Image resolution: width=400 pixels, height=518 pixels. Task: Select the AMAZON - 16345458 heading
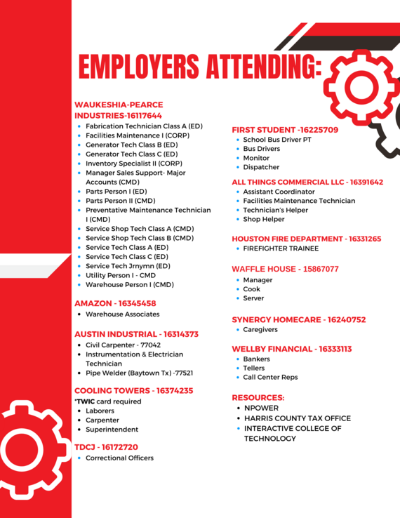tap(115, 303)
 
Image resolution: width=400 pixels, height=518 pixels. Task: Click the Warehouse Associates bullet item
tap(122, 314)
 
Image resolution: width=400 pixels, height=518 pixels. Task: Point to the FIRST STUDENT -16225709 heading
tap(285, 130)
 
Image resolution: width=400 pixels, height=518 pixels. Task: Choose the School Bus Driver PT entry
tap(277, 140)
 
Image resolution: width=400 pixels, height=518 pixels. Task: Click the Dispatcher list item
tap(261, 167)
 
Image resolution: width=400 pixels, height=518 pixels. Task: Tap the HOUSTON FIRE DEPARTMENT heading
tap(307, 239)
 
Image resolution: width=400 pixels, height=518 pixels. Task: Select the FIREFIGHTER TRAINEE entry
tap(281, 248)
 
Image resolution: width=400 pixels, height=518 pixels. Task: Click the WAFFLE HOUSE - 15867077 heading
tap(285, 269)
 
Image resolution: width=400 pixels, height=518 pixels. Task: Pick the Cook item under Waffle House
tap(252, 289)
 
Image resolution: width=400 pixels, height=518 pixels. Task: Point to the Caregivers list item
tap(260, 329)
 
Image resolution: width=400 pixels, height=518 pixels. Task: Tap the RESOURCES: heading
tap(258, 397)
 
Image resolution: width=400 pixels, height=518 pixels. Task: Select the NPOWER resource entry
tap(261, 408)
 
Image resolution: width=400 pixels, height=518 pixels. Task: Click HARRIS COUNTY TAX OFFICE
tap(298, 418)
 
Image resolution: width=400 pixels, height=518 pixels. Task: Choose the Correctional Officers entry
tap(119, 458)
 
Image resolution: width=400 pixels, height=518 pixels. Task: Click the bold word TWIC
tap(86, 401)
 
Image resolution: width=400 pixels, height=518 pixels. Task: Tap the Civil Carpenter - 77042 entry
tap(123, 345)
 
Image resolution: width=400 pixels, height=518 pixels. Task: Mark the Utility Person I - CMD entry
tap(121, 276)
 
